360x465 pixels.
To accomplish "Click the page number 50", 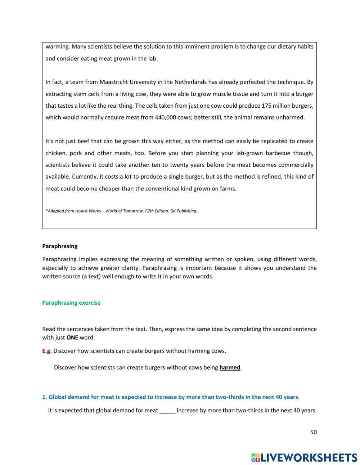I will pos(313,432).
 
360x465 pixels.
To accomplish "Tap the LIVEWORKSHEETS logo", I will pos(304,457).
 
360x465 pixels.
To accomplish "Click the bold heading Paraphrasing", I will pos(60,246).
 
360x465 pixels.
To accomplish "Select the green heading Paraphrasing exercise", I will pos(71,303).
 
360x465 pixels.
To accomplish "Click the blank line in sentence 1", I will pos(167,410).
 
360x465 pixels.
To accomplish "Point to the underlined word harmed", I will pos(230,367).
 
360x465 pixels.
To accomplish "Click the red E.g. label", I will pos(47,350).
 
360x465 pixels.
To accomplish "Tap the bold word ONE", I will pos(72,337).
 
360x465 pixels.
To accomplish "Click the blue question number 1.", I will pos(44,397).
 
